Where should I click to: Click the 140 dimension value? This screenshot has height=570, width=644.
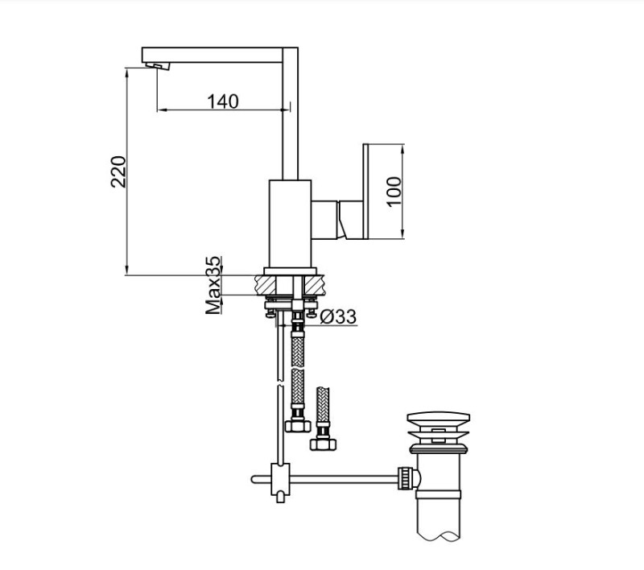223,101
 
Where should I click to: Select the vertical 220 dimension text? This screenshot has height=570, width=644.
118,171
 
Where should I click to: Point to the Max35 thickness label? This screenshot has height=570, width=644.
213,286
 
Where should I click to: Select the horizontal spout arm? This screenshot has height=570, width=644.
217,53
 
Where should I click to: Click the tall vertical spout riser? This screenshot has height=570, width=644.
292,121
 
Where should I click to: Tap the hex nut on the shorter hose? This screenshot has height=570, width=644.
323,444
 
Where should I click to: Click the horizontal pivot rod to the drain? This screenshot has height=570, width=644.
338,481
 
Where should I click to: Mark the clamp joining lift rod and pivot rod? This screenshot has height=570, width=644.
279,481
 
